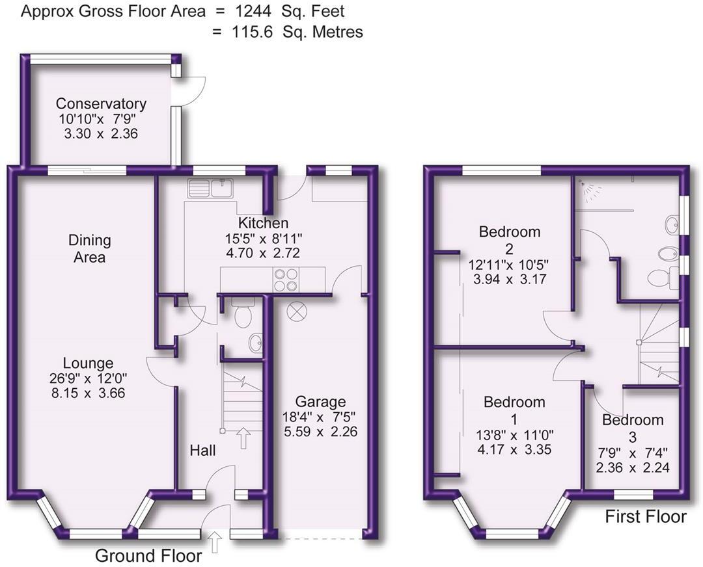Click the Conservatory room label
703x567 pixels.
point(101,103)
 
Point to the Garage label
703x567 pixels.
point(320,402)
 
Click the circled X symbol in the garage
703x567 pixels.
point(296,311)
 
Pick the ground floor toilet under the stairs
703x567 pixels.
point(243,315)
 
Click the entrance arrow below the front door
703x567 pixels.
point(215,542)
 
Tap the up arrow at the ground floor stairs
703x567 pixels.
point(244,437)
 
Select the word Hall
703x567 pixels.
point(202,450)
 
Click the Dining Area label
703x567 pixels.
point(90,248)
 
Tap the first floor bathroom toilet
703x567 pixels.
point(661,278)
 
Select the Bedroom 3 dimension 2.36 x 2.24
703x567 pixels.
point(632,468)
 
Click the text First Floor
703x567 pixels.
point(645,517)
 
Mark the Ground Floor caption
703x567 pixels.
point(148,556)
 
